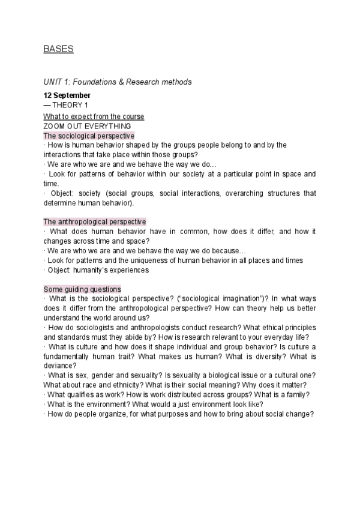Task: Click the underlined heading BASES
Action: point(58,49)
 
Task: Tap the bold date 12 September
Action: point(67,95)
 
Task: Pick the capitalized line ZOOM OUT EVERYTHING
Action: point(88,126)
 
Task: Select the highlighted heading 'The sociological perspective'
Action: point(89,136)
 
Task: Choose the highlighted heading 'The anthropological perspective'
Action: point(95,222)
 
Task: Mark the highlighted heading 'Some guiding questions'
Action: point(82,289)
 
